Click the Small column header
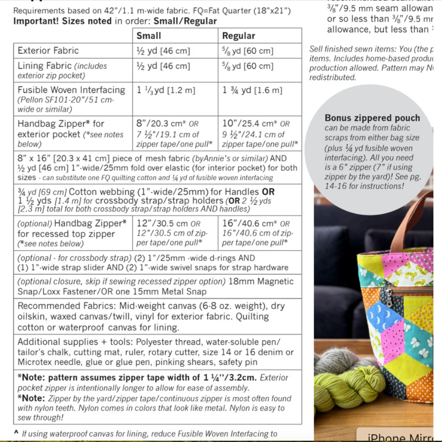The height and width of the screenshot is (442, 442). [x=149, y=36]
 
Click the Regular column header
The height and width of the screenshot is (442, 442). [x=238, y=36]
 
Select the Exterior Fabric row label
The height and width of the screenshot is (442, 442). [x=48, y=51]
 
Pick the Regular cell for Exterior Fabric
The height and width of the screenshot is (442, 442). [x=248, y=51]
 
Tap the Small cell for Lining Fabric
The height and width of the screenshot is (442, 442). [x=163, y=66]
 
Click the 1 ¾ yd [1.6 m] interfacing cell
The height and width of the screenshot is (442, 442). [x=252, y=90]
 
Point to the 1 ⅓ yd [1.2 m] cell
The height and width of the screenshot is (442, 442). [x=166, y=90]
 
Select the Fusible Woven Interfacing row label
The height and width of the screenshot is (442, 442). [x=71, y=90]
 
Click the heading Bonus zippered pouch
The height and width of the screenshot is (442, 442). [x=372, y=118]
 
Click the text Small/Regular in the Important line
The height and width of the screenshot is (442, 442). [x=185, y=21]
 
